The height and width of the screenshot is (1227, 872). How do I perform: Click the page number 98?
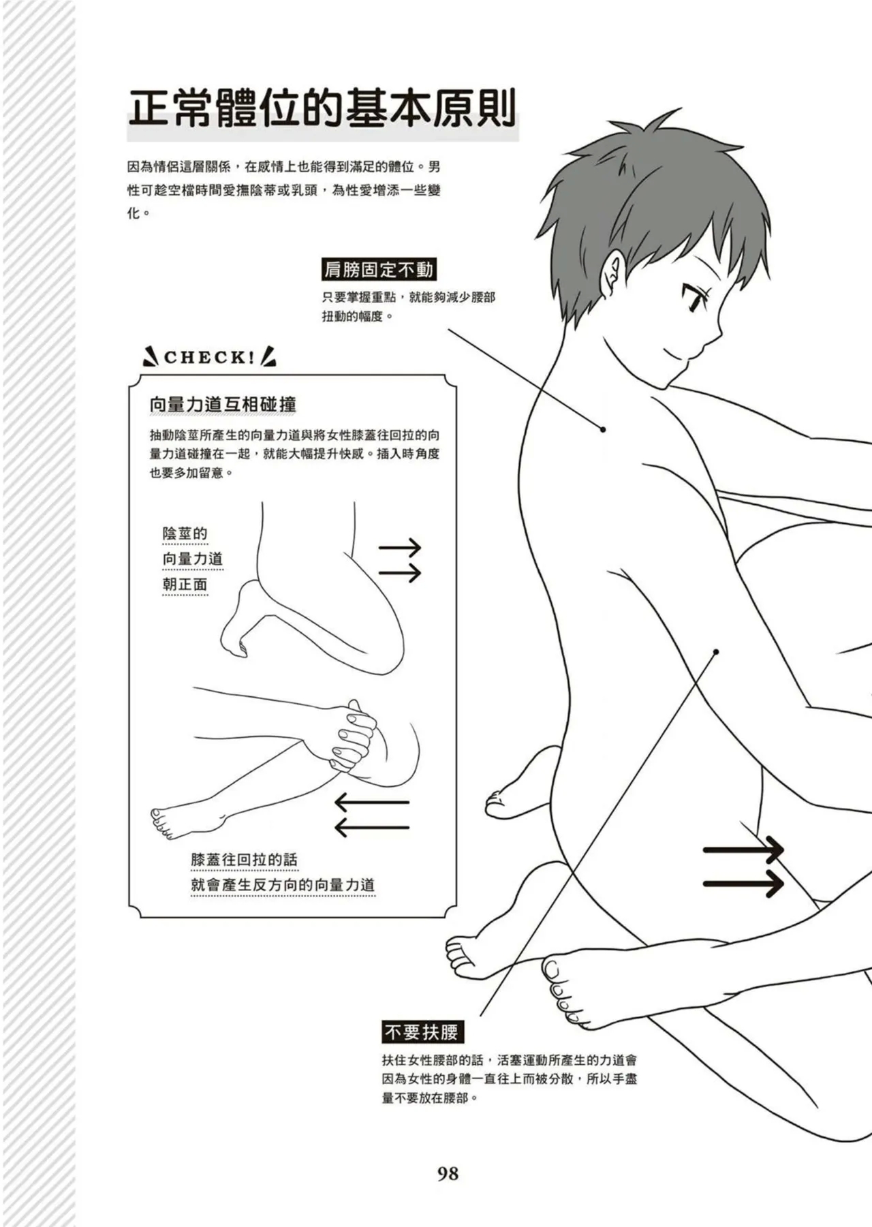click(448, 1173)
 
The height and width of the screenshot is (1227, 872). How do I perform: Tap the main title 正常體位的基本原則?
click(322, 110)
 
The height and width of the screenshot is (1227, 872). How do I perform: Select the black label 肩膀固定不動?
click(378, 270)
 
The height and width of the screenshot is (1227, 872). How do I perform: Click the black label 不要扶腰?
click(422, 1032)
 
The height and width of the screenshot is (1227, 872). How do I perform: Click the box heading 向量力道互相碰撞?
click(223, 405)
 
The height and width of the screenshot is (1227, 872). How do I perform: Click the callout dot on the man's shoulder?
click(603, 429)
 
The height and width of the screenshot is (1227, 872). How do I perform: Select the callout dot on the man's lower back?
click(716, 652)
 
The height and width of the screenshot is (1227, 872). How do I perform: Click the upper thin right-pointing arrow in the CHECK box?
click(400, 546)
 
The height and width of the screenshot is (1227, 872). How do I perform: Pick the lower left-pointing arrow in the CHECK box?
click(372, 827)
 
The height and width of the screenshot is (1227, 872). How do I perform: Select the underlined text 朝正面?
click(185, 585)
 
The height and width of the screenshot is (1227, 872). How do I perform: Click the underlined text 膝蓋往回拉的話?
click(244, 860)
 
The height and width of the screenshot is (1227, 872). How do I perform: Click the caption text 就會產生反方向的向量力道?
click(283, 886)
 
